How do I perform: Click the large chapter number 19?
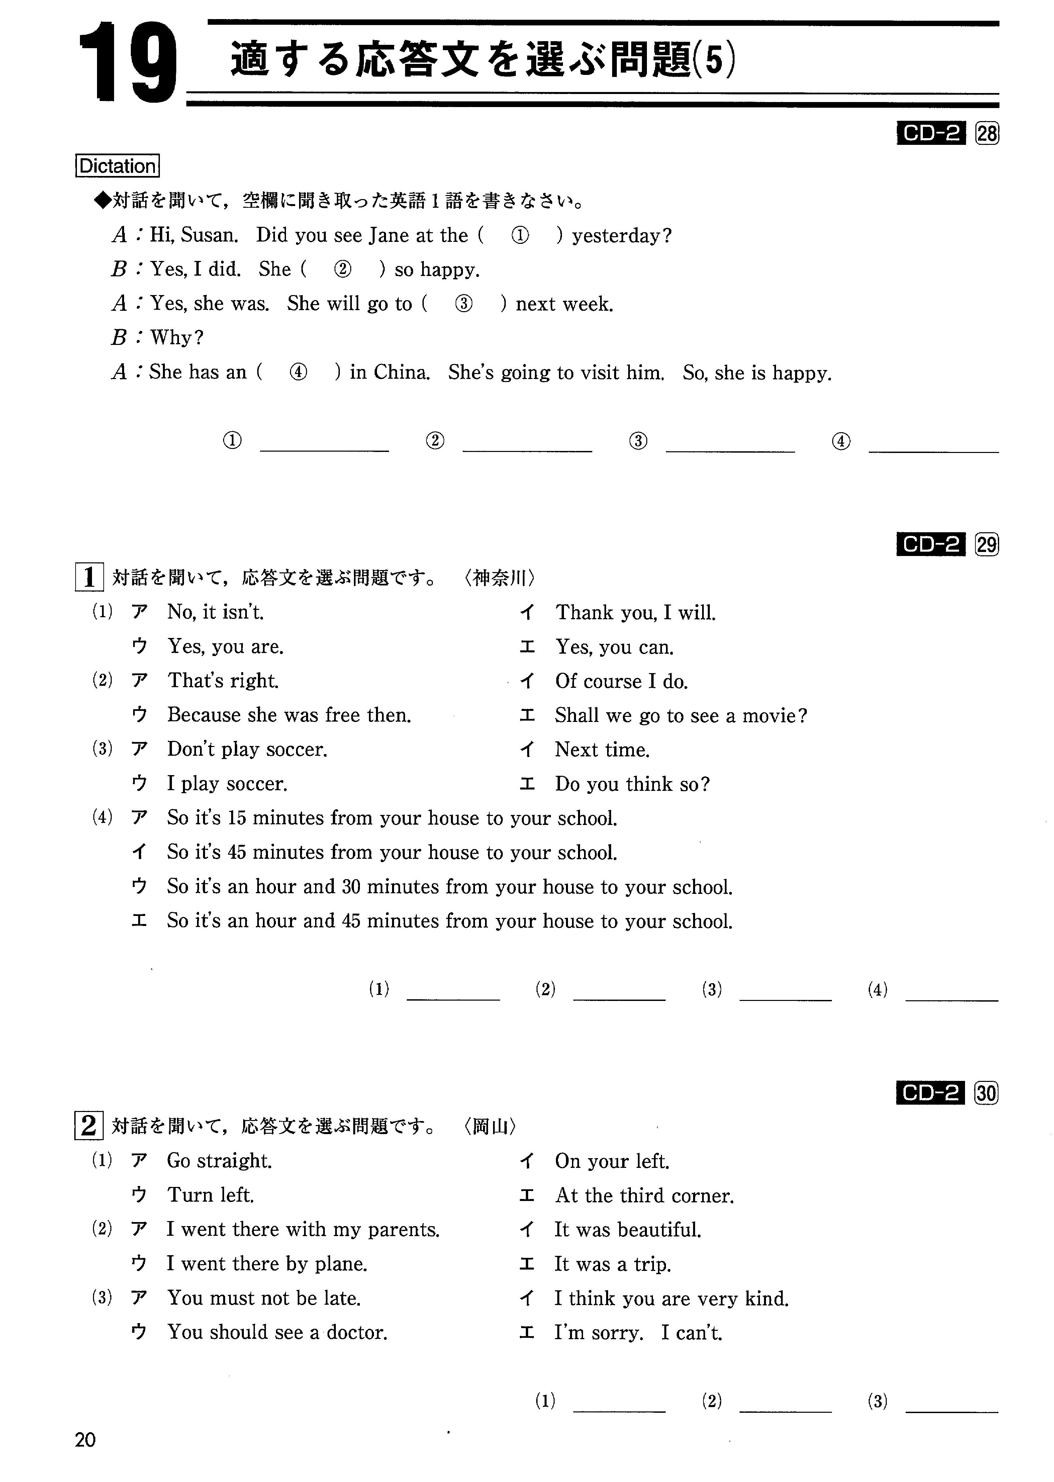click(128, 63)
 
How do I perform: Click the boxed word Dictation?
click(117, 166)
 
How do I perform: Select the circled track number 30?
click(986, 1094)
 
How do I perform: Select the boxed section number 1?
click(89, 577)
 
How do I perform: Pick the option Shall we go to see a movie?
click(681, 715)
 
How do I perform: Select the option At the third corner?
click(645, 1196)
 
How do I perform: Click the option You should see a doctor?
click(277, 1333)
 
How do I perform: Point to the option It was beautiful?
click(628, 1230)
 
